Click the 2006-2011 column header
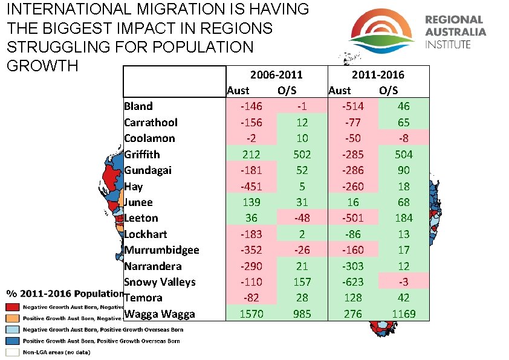point(276,74)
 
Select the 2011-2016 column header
point(378,74)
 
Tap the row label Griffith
point(142,154)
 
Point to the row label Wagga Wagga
point(160,313)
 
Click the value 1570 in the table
point(251,313)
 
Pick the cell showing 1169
point(403,313)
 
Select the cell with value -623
point(352,281)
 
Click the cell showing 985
point(302,313)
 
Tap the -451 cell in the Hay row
point(251,186)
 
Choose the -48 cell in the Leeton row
point(302,218)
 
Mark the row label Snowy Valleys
point(160,281)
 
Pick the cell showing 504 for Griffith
point(403,154)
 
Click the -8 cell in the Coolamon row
point(403,138)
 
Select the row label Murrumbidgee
point(161,249)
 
